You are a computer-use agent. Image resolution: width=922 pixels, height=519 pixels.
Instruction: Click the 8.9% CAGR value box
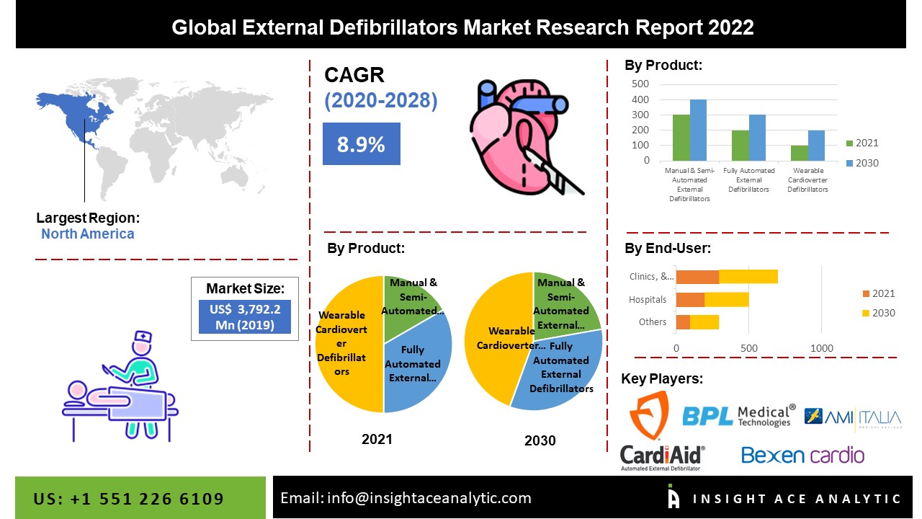pyautogui.click(x=361, y=144)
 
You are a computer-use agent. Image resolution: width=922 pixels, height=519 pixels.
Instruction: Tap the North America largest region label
pyautogui.click(x=87, y=234)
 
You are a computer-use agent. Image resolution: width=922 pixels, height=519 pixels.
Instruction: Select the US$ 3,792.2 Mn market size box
pyautogui.click(x=245, y=316)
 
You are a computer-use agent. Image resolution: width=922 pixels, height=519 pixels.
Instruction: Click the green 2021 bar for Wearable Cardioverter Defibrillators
pyautogui.click(x=798, y=153)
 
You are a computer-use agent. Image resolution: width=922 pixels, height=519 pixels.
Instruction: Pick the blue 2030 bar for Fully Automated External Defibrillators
pyautogui.click(x=756, y=138)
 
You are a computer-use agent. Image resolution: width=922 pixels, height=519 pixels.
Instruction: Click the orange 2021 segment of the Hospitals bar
pyautogui.click(x=690, y=300)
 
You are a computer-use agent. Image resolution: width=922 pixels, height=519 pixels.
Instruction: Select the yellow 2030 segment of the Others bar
pyautogui.click(x=704, y=322)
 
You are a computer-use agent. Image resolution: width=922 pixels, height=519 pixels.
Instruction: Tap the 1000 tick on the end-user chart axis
pyautogui.click(x=822, y=349)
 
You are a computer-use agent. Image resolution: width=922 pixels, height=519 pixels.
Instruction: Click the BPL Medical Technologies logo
pyautogui.click(x=738, y=415)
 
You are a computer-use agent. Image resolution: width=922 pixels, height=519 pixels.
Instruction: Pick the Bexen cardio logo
pyautogui.click(x=802, y=456)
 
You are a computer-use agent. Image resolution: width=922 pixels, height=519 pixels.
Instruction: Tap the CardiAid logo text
pyautogui.click(x=662, y=454)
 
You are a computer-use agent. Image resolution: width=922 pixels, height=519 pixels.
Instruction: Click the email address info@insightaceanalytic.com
pyautogui.click(x=406, y=498)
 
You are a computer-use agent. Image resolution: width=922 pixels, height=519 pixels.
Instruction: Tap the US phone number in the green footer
pyautogui.click(x=129, y=499)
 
